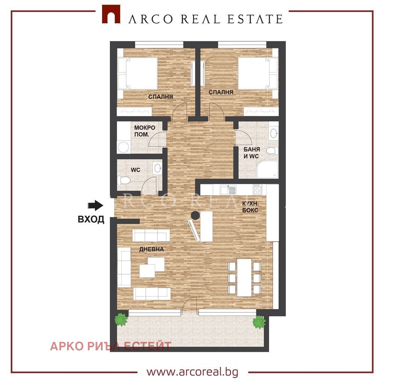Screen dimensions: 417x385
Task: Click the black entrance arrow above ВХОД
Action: click(95, 205)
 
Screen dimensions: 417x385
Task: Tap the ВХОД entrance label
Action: click(91, 219)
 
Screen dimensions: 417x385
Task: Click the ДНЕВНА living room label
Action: click(152, 249)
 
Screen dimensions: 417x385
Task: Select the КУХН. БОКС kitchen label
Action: click(250, 207)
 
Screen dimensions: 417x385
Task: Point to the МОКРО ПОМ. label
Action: click(145, 131)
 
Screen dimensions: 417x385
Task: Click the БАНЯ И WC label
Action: click(251, 153)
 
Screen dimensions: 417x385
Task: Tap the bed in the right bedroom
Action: click(258, 74)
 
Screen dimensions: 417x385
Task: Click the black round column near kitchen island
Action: click(196, 215)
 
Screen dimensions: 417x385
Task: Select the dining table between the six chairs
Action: click(245, 278)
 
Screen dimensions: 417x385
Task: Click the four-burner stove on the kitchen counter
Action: click(258, 190)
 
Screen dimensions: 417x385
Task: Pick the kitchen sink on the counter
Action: click(228, 190)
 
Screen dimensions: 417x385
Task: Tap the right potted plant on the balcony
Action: click(259, 322)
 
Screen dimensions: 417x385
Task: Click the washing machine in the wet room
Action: click(123, 147)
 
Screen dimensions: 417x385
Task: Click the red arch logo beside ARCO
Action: click(111, 14)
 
